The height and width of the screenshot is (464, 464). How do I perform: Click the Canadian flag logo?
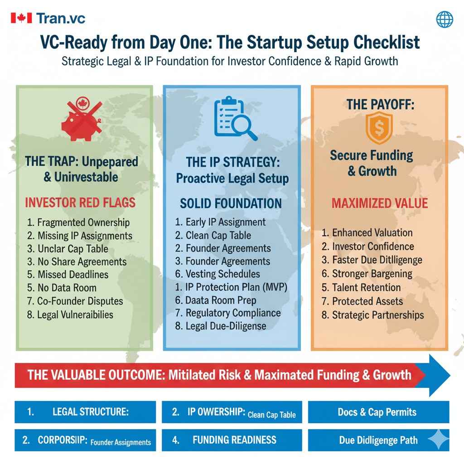(21, 18)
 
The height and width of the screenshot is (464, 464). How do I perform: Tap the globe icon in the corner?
(445, 19)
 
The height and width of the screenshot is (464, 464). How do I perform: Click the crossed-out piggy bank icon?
(82, 119)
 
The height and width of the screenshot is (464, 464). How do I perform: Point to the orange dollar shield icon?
(379, 128)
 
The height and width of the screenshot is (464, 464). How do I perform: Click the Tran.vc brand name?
(61, 18)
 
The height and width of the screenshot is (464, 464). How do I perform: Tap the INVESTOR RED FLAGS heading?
(80, 203)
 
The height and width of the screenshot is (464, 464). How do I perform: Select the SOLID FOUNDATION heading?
(231, 203)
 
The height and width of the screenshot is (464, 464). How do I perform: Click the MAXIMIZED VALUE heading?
(380, 203)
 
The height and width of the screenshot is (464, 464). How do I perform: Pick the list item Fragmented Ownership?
(78, 222)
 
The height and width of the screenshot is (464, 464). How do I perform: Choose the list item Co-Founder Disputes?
(75, 301)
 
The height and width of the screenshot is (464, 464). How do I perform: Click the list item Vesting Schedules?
(217, 274)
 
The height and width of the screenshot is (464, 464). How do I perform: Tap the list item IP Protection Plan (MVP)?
(231, 287)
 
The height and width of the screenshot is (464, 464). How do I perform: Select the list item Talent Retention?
(361, 287)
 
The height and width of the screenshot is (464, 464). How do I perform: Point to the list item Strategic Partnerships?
(373, 315)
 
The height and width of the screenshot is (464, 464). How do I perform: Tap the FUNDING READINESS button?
(232, 440)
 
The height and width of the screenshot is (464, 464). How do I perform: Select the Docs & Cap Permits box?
(378, 412)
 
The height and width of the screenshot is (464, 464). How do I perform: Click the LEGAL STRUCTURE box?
(85, 412)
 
